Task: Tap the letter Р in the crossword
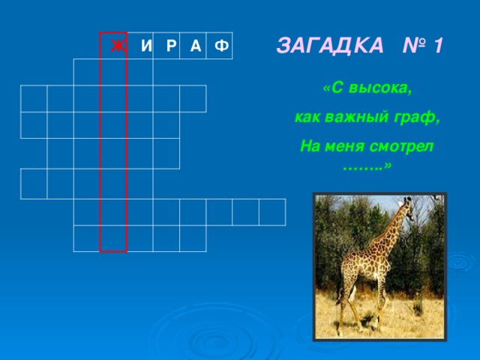pos(171,46)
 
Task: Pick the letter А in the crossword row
pos(195,46)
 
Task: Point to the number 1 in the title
pos(437,45)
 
